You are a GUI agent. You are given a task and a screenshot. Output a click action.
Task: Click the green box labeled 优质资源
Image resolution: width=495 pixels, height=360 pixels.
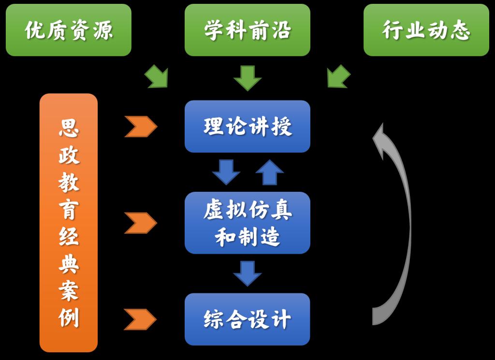pyautogui.click(x=69, y=30)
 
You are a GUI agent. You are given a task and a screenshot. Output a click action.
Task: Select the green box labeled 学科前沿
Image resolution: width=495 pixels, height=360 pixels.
pyautogui.click(x=247, y=30)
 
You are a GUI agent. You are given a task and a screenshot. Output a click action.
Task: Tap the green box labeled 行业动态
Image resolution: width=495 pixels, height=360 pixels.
pyautogui.click(x=426, y=30)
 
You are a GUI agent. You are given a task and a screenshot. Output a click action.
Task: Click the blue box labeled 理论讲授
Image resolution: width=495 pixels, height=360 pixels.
pyautogui.click(x=247, y=127)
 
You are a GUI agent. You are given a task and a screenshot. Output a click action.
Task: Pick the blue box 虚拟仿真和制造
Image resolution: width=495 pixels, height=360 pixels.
pyautogui.click(x=247, y=223)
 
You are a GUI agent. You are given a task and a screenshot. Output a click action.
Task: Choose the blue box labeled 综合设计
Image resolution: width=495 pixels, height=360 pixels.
pyautogui.click(x=247, y=319)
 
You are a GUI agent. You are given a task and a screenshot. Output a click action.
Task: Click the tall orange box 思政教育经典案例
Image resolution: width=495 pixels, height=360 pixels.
pyautogui.click(x=69, y=223)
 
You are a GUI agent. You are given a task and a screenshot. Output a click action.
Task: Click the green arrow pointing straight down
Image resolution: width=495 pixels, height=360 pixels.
pyautogui.click(x=247, y=78)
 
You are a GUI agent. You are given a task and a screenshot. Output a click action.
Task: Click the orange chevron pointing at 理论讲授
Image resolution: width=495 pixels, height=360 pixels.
pyautogui.click(x=141, y=127)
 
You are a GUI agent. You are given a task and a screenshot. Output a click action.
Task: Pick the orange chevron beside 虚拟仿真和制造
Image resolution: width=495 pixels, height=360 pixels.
pyautogui.click(x=141, y=223)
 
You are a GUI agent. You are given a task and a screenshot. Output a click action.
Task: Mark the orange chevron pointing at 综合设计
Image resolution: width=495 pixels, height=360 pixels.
pyautogui.click(x=141, y=319)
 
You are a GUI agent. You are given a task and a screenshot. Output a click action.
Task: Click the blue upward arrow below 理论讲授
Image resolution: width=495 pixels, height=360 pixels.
pyautogui.click(x=269, y=173)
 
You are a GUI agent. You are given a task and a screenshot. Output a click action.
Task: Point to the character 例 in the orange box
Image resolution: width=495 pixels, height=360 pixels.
pyautogui.click(x=69, y=318)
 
